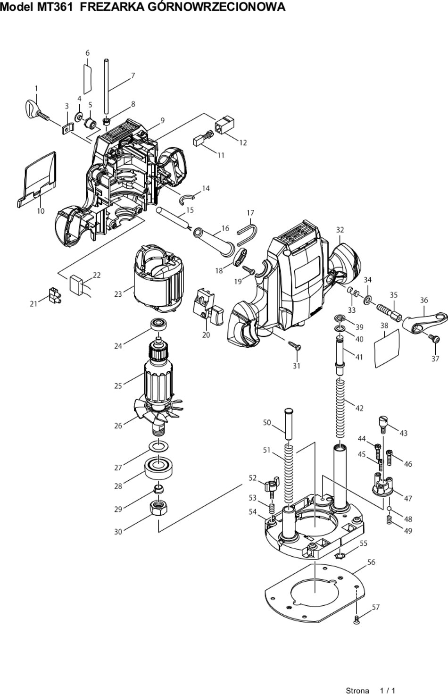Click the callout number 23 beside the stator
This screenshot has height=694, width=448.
click(x=118, y=294)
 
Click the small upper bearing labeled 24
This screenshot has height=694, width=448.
click(x=159, y=325)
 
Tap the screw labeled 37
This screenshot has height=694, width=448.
click(x=434, y=339)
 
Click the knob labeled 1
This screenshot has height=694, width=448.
click(x=36, y=111)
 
